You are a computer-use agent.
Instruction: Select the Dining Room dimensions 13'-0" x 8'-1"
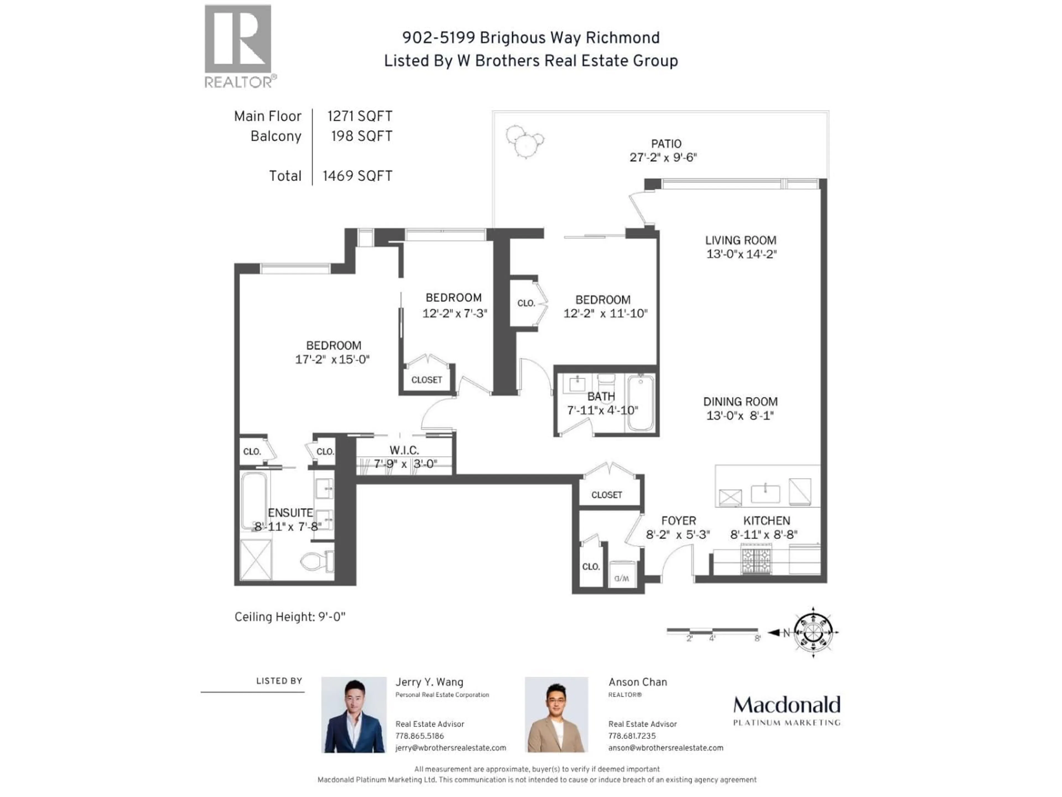pyautogui.click(x=740, y=416)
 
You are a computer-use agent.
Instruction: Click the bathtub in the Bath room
pyautogui.click(x=641, y=403)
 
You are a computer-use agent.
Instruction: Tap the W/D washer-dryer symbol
pyautogui.click(x=622, y=578)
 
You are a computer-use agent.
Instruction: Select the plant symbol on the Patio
pyautogui.click(x=525, y=140)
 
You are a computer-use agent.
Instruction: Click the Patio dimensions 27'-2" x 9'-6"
pyautogui.click(x=663, y=157)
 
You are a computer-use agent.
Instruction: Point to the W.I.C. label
pyautogui.click(x=404, y=450)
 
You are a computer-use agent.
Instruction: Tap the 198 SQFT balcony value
pyautogui.click(x=361, y=136)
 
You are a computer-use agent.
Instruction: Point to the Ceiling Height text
pyautogui.click(x=290, y=617)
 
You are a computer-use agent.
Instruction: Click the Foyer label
pyautogui.click(x=678, y=521)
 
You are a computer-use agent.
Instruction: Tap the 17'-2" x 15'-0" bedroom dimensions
pyautogui.click(x=332, y=359)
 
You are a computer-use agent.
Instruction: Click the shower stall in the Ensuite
pyautogui.click(x=256, y=559)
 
